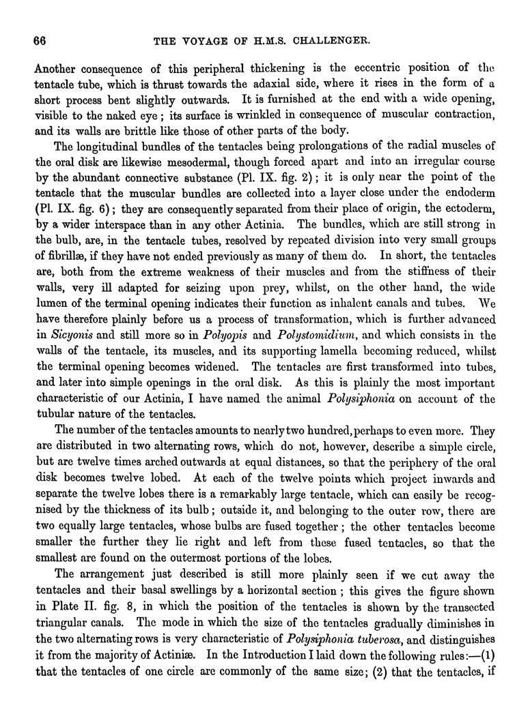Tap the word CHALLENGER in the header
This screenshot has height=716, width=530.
pos(331,40)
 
